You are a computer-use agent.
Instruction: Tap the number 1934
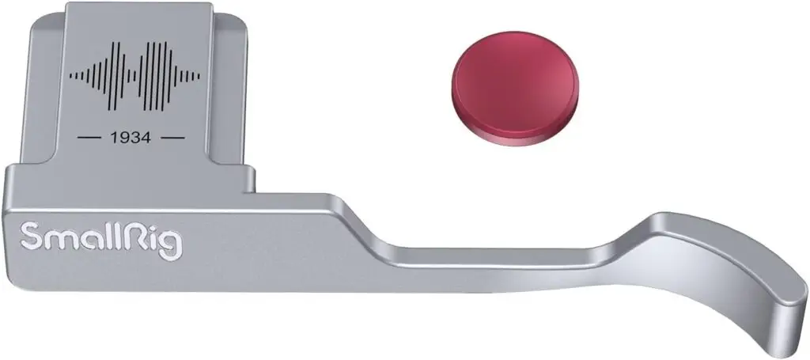point(131,138)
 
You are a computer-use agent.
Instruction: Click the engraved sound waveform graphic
point(134,77)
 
